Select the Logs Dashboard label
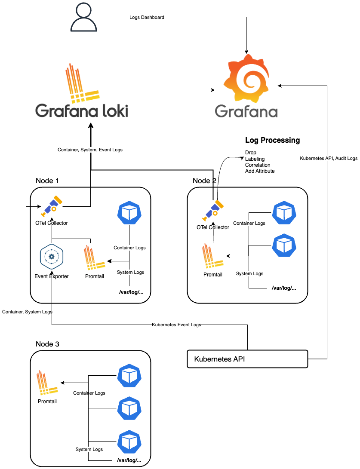[x=147, y=18]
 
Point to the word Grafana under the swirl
[x=246, y=111]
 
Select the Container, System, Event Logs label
[x=90, y=150]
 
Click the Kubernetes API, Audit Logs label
[x=329, y=159]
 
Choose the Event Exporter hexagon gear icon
[x=52, y=257]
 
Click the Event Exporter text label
[x=52, y=276]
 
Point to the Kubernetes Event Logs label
[x=176, y=325]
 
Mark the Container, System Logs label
[x=27, y=312]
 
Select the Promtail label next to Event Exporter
[x=95, y=276]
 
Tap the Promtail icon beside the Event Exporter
[x=94, y=259]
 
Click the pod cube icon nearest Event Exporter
[x=129, y=212]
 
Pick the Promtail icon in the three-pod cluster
[x=46, y=383]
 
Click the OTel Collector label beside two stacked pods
[x=213, y=227]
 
